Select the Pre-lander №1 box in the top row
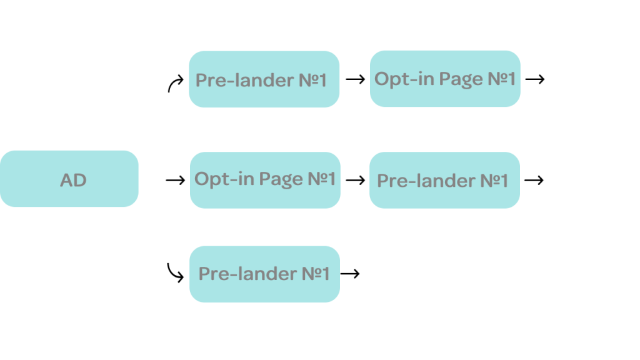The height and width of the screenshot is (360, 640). (x=264, y=79)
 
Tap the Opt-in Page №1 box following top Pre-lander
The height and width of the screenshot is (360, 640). (x=445, y=79)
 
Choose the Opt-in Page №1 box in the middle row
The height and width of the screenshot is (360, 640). (x=265, y=180)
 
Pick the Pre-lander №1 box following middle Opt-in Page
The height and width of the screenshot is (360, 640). (x=444, y=180)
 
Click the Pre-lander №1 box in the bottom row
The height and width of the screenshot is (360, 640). (x=264, y=274)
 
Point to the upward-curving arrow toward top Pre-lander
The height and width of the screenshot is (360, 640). (x=175, y=83)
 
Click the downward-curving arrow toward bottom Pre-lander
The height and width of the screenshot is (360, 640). (x=175, y=272)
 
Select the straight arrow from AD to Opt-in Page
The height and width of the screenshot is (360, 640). (x=176, y=180)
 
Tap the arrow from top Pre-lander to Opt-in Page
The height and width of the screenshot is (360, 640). (x=355, y=79)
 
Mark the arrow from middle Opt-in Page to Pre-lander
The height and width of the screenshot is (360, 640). (x=355, y=180)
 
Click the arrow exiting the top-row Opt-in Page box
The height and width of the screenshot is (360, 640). (x=535, y=79)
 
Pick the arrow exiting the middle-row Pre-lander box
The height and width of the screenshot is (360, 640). (x=534, y=180)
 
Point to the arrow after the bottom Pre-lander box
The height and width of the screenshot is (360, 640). (x=350, y=274)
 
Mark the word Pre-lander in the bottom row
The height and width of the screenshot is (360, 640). (x=247, y=274)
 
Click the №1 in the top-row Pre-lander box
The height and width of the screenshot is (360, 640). (x=313, y=80)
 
